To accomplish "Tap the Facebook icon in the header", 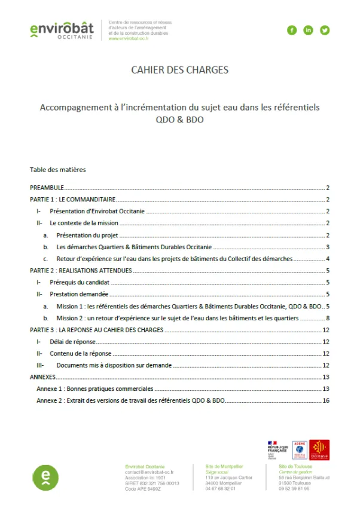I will tap(292, 30).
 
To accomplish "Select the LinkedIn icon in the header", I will tap(308, 30).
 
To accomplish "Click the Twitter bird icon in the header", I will tap(325, 30).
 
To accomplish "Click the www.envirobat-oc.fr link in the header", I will tap(129, 39).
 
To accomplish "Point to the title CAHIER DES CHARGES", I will tap(179, 70).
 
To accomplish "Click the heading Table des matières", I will tap(57, 170).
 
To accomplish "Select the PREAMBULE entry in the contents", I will tap(47, 188).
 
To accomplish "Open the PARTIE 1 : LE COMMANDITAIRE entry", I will tap(72, 200).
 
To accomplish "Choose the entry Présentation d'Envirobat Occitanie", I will tap(98, 212).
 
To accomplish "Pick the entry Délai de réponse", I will tap(72, 342).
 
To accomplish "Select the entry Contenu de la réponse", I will tap(80, 353).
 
